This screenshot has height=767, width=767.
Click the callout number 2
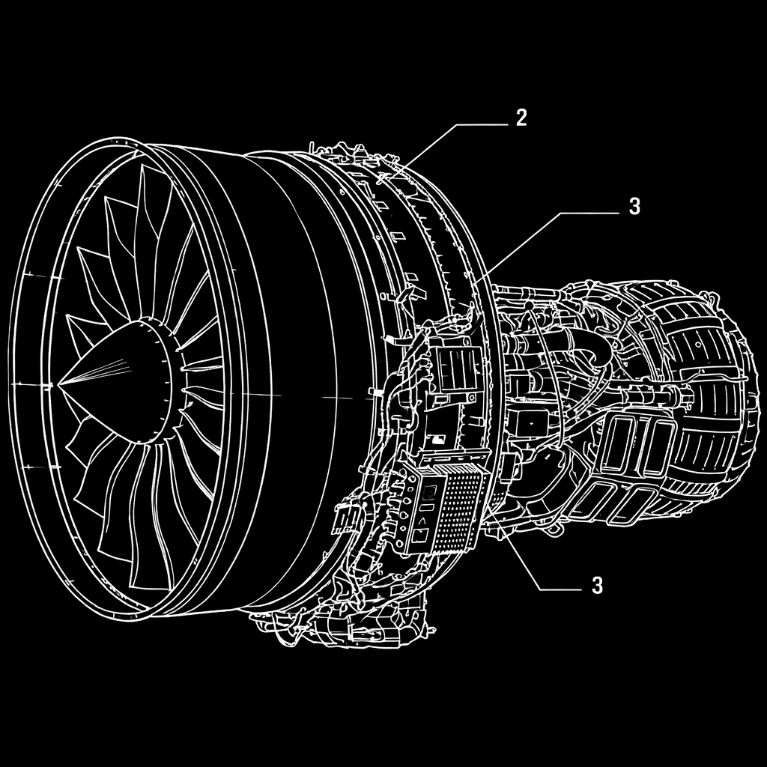[x=521, y=118]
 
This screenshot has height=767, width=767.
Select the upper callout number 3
[x=634, y=207]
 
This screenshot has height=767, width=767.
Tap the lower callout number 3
[x=597, y=585]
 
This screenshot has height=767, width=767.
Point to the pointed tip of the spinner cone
[x=58, y=385]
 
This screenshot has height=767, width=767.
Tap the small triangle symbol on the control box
[x=422, y=521]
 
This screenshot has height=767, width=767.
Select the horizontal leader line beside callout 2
[x=482, y=125]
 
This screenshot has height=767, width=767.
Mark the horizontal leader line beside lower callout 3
[x=560, y=590]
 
